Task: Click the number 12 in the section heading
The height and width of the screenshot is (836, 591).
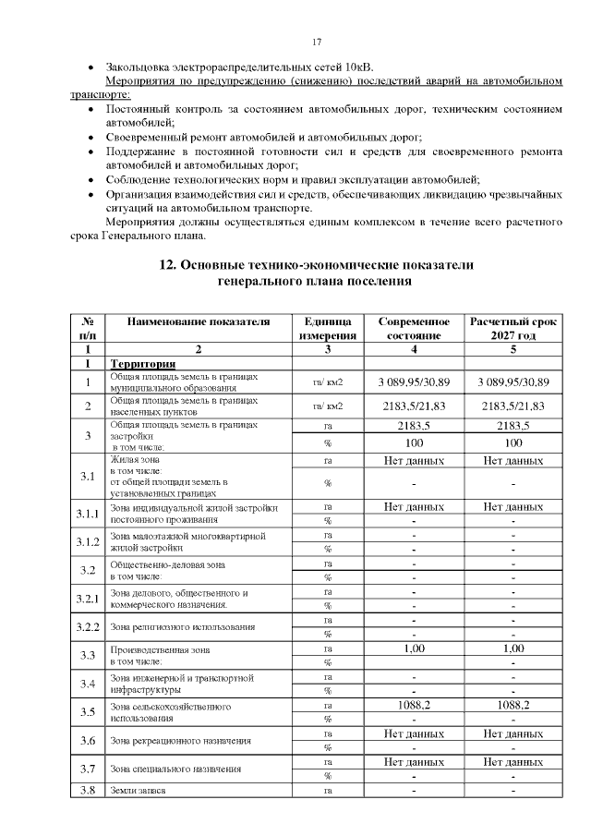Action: coord(167,264)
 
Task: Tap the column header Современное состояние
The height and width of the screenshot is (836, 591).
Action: coord(415,328)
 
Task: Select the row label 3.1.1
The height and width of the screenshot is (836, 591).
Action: coord(88,514)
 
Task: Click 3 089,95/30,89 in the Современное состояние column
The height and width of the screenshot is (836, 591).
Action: coord(415,382)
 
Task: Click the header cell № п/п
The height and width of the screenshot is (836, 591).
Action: coord(88,328)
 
